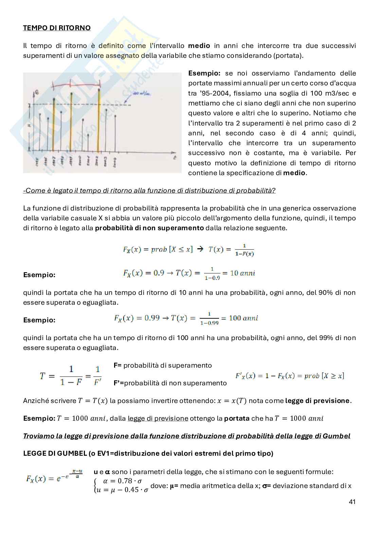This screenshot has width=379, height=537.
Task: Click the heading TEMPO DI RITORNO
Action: click(57, 28)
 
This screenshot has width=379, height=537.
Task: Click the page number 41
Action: click(352, 502)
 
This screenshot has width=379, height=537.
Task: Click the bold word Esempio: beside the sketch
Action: click(204, 73)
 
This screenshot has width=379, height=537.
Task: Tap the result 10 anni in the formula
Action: click(242, 273)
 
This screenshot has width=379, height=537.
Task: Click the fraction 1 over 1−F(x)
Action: click(245, 250)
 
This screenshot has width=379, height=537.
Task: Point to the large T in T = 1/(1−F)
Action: click(42, 376)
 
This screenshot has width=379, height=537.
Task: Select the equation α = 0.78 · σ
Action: click(122, 481)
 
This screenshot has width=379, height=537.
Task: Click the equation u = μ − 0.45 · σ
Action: click(122, 490)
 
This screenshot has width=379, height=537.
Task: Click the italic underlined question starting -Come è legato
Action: click(149, 190)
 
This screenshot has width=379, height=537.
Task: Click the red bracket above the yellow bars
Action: click(75, 84)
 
